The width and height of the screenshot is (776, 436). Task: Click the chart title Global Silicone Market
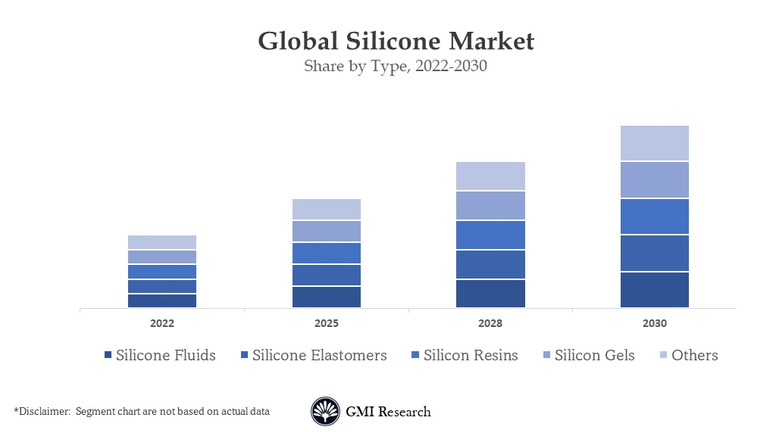pos(396,41)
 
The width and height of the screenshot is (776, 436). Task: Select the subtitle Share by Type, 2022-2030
pos(395,66)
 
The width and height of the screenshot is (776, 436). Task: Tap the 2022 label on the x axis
pos(161,323)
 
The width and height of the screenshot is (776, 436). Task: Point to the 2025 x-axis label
pos(326,323)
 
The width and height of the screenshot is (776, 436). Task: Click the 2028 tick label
pos(490,323)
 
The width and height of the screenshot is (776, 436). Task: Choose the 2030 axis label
pos(655,323)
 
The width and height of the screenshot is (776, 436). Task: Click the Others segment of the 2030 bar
pos(655,143)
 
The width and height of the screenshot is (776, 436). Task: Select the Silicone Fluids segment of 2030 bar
pos(655,290)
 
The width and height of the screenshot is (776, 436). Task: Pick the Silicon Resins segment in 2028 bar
pos(490,235)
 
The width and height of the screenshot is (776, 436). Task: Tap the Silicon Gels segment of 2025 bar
pos(326,231)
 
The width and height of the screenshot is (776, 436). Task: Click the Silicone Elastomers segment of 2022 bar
pos(161,286)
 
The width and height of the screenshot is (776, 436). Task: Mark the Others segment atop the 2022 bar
pos(161,242)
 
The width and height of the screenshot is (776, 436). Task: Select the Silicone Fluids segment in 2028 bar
pos(490,294)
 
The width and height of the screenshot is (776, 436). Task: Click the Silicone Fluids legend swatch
pos(108,356)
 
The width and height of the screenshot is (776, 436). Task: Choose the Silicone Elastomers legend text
pos(319,355)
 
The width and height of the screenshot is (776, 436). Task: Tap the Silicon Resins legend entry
pos(471,355)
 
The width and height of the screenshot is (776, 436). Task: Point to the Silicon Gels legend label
pos(594,355)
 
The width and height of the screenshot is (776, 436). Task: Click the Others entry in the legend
pos(694,355)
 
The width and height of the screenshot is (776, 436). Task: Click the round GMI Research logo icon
pos(325,412)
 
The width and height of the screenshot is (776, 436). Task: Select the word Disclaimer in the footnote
pos(42,412)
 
